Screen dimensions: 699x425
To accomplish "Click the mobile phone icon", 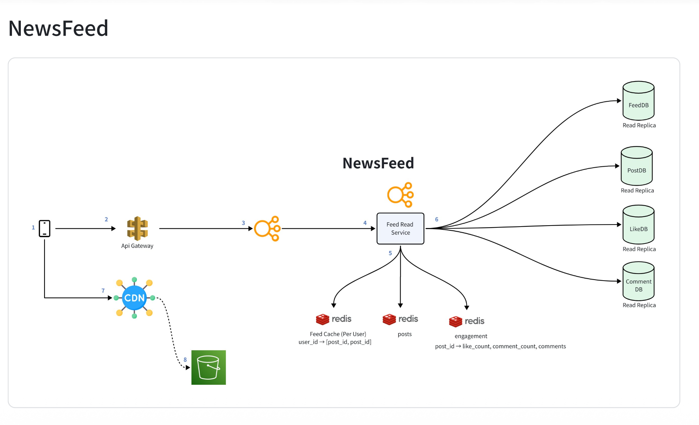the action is (x=44, y=228).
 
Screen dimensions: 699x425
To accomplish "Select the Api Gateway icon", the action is (x=138, y=228).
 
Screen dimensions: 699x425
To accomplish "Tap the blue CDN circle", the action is (x=134, y=298).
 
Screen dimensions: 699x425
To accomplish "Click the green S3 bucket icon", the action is (x=208, y=367).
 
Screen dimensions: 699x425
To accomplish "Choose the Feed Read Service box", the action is (x=400, y=228).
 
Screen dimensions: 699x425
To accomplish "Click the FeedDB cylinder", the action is (x=638, y=101).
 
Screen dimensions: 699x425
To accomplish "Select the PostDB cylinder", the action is (x=637, y=166).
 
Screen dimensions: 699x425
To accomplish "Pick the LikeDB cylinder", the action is (x=638, y=225).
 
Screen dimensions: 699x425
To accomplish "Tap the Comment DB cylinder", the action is (x=638, y=281).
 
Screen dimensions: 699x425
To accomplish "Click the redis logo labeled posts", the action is (x=400, y=319).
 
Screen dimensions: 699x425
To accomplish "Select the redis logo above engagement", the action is (x=467, y=321).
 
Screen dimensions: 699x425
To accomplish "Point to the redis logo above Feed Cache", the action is (x=334, y=319).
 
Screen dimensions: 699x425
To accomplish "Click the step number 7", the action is (x=103, y=291).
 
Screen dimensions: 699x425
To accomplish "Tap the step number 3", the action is (x=243, y=223).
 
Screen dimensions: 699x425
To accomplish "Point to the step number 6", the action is (x=437, y=219).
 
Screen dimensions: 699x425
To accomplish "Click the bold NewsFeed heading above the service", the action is (x=378, y=163).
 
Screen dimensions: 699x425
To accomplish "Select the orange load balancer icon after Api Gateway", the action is (x=267, y=228).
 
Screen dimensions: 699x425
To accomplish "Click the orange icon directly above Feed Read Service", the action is (x=400, y=195).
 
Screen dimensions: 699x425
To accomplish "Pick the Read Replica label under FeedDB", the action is (x=639, y=125).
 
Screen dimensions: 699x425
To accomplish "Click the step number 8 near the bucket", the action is (x=185, y=360).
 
